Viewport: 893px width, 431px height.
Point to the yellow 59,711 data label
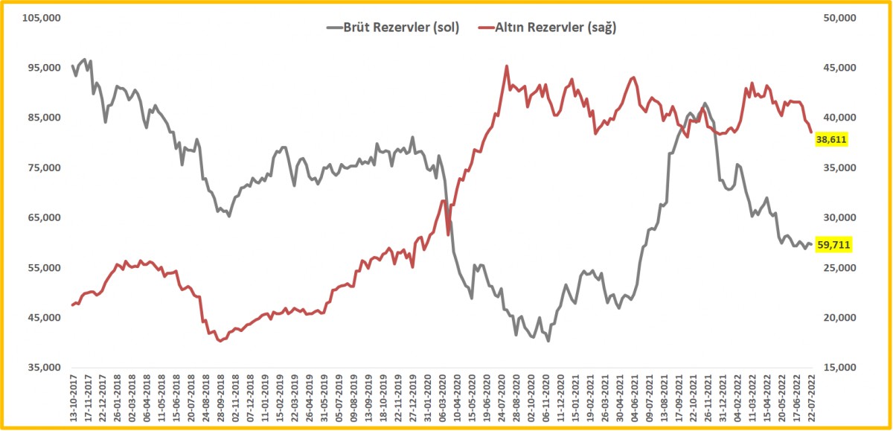833,244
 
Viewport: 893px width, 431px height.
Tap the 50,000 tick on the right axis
838,18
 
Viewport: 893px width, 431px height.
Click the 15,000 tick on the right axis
838,368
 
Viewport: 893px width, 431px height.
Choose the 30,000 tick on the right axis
838,218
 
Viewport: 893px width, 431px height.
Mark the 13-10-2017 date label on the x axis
72,398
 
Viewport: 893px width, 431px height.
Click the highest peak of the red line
507,66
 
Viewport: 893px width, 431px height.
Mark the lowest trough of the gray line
548,341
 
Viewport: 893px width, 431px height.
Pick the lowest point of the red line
220,341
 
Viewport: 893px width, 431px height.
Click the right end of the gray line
811,244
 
